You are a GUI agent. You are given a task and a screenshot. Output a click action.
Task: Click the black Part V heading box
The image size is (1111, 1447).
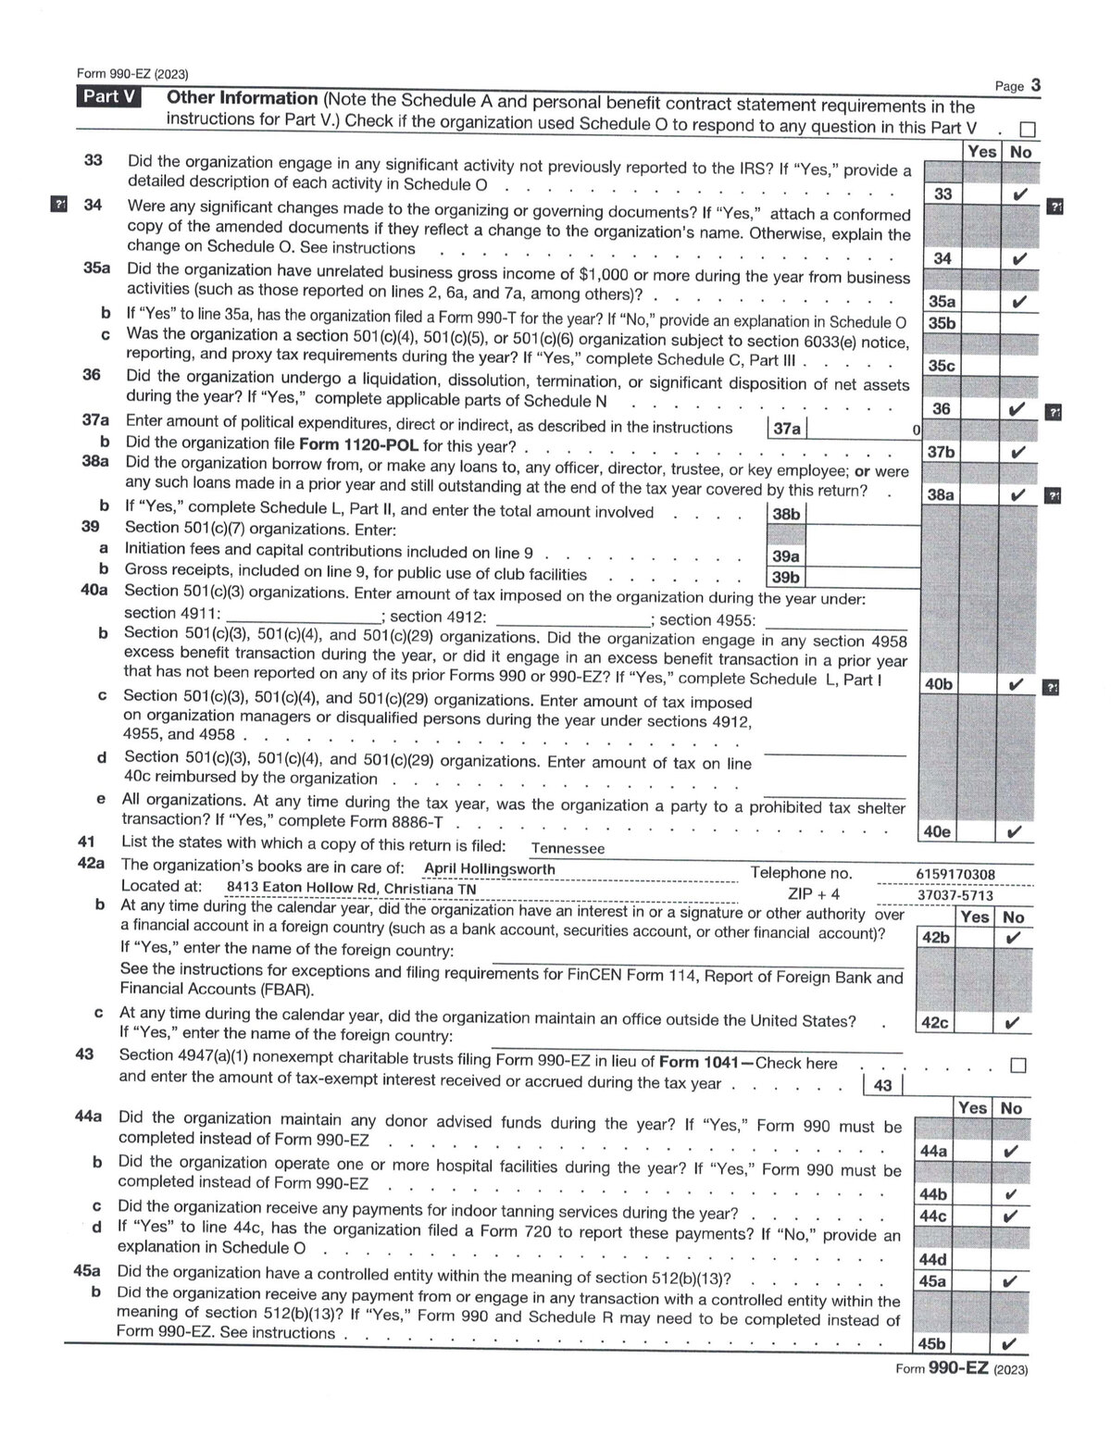108,97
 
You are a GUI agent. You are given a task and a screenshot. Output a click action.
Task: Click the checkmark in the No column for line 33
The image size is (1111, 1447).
1019,194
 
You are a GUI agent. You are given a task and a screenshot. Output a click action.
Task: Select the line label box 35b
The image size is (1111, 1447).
942,323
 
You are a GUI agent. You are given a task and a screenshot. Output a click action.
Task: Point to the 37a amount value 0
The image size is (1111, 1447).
916,430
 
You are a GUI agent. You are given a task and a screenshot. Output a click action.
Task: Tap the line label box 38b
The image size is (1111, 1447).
786,514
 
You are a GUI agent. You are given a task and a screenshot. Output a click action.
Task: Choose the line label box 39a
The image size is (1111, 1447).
786,556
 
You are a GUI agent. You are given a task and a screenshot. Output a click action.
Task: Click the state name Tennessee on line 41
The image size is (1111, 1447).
568,848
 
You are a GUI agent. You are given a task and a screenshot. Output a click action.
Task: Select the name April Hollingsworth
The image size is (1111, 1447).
489,869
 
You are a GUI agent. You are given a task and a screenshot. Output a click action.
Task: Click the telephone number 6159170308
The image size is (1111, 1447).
955,874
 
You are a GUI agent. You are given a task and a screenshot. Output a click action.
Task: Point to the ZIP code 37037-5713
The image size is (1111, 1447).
955,895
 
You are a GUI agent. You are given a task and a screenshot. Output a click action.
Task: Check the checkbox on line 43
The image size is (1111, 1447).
1018,1066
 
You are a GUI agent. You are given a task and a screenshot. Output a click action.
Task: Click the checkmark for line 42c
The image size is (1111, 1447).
1013,1024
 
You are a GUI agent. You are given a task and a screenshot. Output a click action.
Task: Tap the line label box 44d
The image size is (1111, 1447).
931,1260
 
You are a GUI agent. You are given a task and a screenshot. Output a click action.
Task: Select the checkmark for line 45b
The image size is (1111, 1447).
1010,1345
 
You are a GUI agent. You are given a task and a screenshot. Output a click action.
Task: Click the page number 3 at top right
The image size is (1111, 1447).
1036,85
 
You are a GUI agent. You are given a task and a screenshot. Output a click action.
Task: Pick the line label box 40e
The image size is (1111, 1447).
937,832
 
